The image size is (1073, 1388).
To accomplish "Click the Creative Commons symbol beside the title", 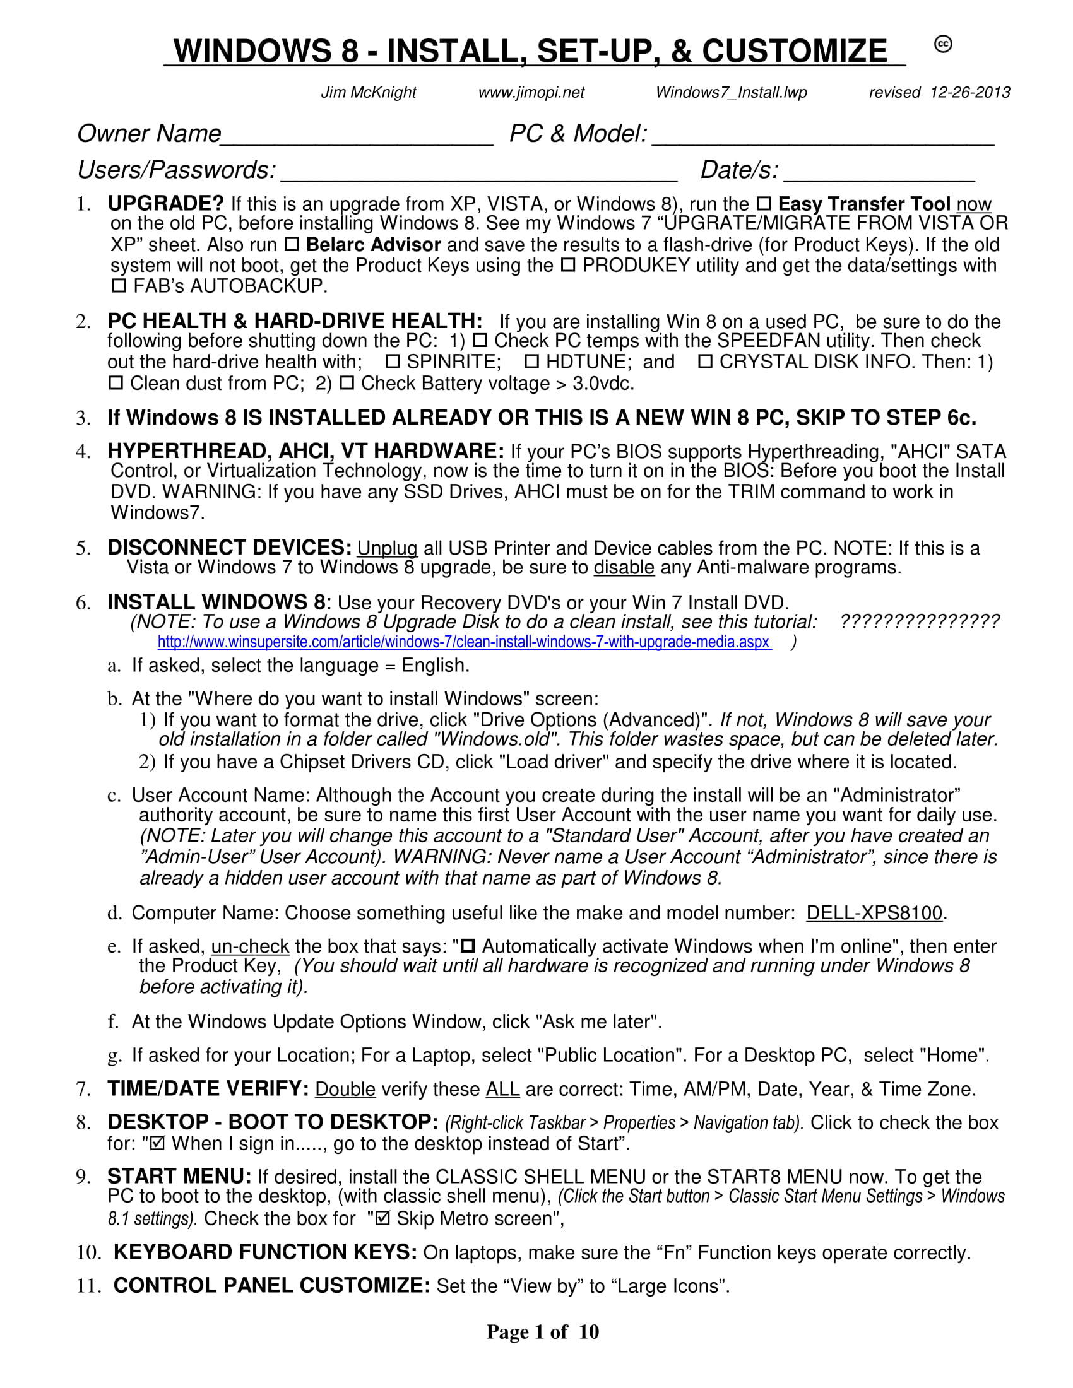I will coord(943,44).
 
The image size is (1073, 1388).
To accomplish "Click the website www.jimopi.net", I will coord(531,93).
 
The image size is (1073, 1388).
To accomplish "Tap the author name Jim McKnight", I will coord(368,93).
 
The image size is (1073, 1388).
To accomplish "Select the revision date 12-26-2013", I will coord(969,93).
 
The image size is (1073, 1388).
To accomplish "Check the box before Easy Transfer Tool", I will coord(764,204).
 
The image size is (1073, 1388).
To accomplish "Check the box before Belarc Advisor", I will coord(291,245).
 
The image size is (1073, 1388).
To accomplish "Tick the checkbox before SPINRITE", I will coord(393,362).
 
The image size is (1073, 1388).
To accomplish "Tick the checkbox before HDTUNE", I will coord(532,362).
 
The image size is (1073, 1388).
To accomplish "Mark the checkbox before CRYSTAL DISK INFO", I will coord(705,362).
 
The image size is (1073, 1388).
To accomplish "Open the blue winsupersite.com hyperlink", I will coord(464,642).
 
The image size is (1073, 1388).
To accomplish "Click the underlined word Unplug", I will coord(387,548).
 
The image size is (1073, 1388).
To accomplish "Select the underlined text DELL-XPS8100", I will coord(874,914).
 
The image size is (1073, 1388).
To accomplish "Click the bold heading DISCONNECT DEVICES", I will coord(229,548).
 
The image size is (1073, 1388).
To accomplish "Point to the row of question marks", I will coord(919,621).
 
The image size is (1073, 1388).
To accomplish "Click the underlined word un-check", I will coord(250,947).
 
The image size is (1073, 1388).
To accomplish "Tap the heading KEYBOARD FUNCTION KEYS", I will coord(265,1252).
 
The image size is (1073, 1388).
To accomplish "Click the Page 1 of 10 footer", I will coord(542,1332).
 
